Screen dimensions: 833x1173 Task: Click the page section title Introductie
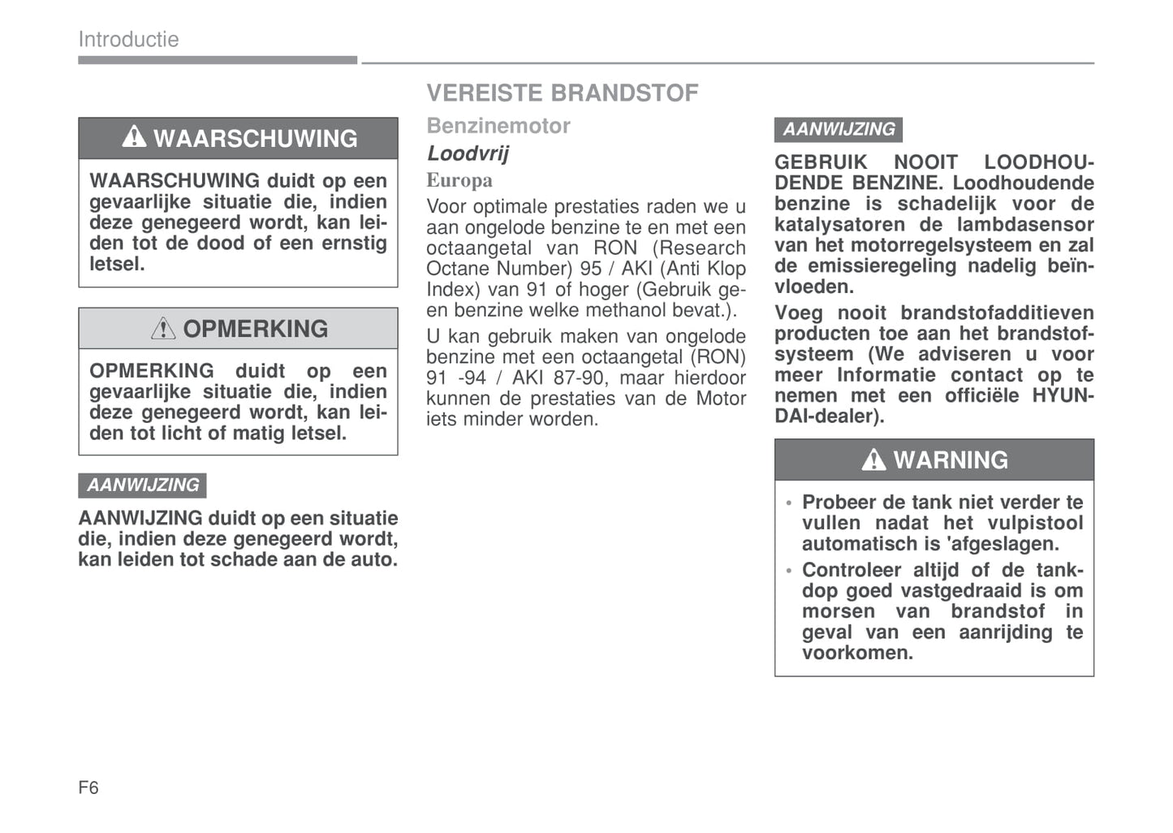coord(128,39)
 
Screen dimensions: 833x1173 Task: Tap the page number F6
coord(88,788)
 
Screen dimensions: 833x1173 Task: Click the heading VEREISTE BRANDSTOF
coord(562,93)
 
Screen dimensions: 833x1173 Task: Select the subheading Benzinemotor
coord(498,126)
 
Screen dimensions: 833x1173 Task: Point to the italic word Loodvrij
coord(468,153)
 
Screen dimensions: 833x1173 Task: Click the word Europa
coord(459,180)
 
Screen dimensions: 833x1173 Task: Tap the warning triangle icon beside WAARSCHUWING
coord(134,137)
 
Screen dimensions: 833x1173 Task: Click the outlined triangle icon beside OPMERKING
coord(163,328)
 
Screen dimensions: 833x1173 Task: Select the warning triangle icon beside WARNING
coord(873,460)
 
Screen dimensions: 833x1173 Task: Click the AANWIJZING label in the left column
coord(143,486)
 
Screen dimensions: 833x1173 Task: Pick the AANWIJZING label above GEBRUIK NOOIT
coord(839,129)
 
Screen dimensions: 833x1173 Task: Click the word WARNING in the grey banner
coord(951,460)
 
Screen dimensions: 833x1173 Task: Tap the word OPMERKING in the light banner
coord(255,329)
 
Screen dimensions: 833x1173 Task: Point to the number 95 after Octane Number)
coord(590,269)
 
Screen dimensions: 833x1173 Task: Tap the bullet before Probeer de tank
coord(788,503)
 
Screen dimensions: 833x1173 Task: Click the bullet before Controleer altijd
coord(788,571)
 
